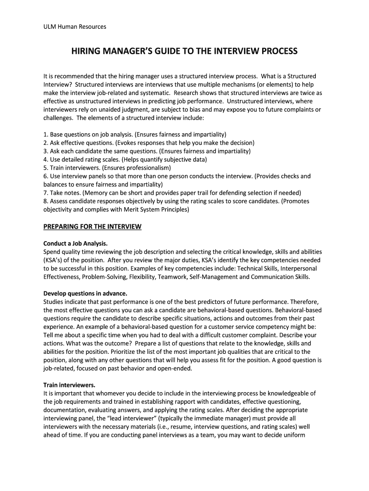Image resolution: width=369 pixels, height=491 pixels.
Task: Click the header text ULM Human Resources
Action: click(74, 27)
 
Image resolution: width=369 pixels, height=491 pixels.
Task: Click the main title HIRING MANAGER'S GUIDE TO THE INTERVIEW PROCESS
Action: click(184, 51)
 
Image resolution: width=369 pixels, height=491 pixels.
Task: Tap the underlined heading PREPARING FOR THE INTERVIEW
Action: click(92, 226)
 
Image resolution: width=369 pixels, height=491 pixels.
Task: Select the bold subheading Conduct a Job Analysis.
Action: click(75, 243)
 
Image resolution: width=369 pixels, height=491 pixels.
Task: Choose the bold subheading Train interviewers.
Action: click(69, 385)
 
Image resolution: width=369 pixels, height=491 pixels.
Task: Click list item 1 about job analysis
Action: click(135, 134)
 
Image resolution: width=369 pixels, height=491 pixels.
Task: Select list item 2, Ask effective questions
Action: click(149, 143)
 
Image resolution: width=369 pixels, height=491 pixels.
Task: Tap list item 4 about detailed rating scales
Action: click(132, 160)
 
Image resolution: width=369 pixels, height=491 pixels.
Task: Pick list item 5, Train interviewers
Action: click(107, 168)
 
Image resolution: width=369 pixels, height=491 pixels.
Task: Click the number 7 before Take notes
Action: click(45, 193)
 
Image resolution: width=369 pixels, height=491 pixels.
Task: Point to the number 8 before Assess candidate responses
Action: click(45, 201)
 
